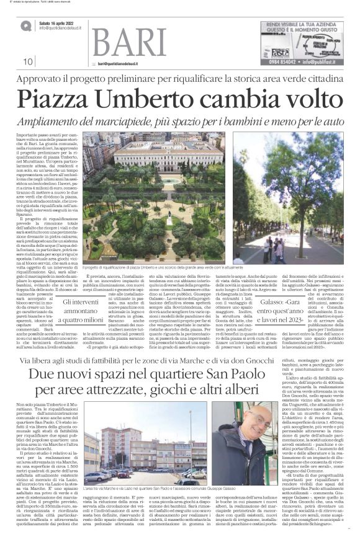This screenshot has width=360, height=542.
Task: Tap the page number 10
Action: pos(29,61)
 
